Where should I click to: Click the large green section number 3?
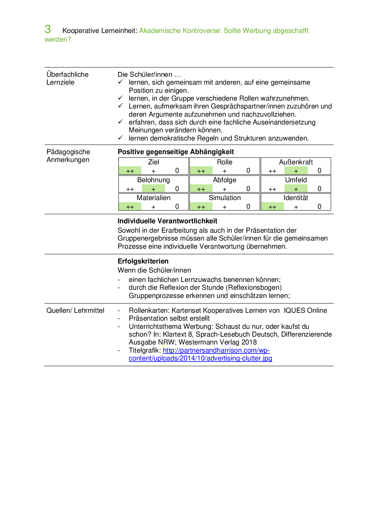tap(48, 29)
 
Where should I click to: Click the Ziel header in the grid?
tap(154, 162)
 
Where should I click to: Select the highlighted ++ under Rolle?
tap(201, 171)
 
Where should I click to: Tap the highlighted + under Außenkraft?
tap(296, 171)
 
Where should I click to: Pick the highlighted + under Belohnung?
tap(154, 189)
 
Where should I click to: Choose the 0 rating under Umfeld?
tap(319, 189)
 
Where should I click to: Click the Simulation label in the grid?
tap(225, 198)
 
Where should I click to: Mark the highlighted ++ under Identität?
tap(272, 207)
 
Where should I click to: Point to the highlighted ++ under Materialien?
tap(130, 207)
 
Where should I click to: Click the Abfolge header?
tap(225, 180)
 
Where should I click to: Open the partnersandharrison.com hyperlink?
tap(216, 351)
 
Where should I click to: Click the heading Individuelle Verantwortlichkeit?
tap(167, 221)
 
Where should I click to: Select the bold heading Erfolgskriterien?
tap(143, 261)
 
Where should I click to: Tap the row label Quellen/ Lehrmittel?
tap(75, 310)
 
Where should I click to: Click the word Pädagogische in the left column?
tap(68, 152)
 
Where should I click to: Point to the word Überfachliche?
tap(68, 74)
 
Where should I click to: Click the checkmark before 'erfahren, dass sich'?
tap(120, 122)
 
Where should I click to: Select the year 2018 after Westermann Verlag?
tap(249, 342)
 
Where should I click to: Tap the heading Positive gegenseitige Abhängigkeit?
tap(176, 152)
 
